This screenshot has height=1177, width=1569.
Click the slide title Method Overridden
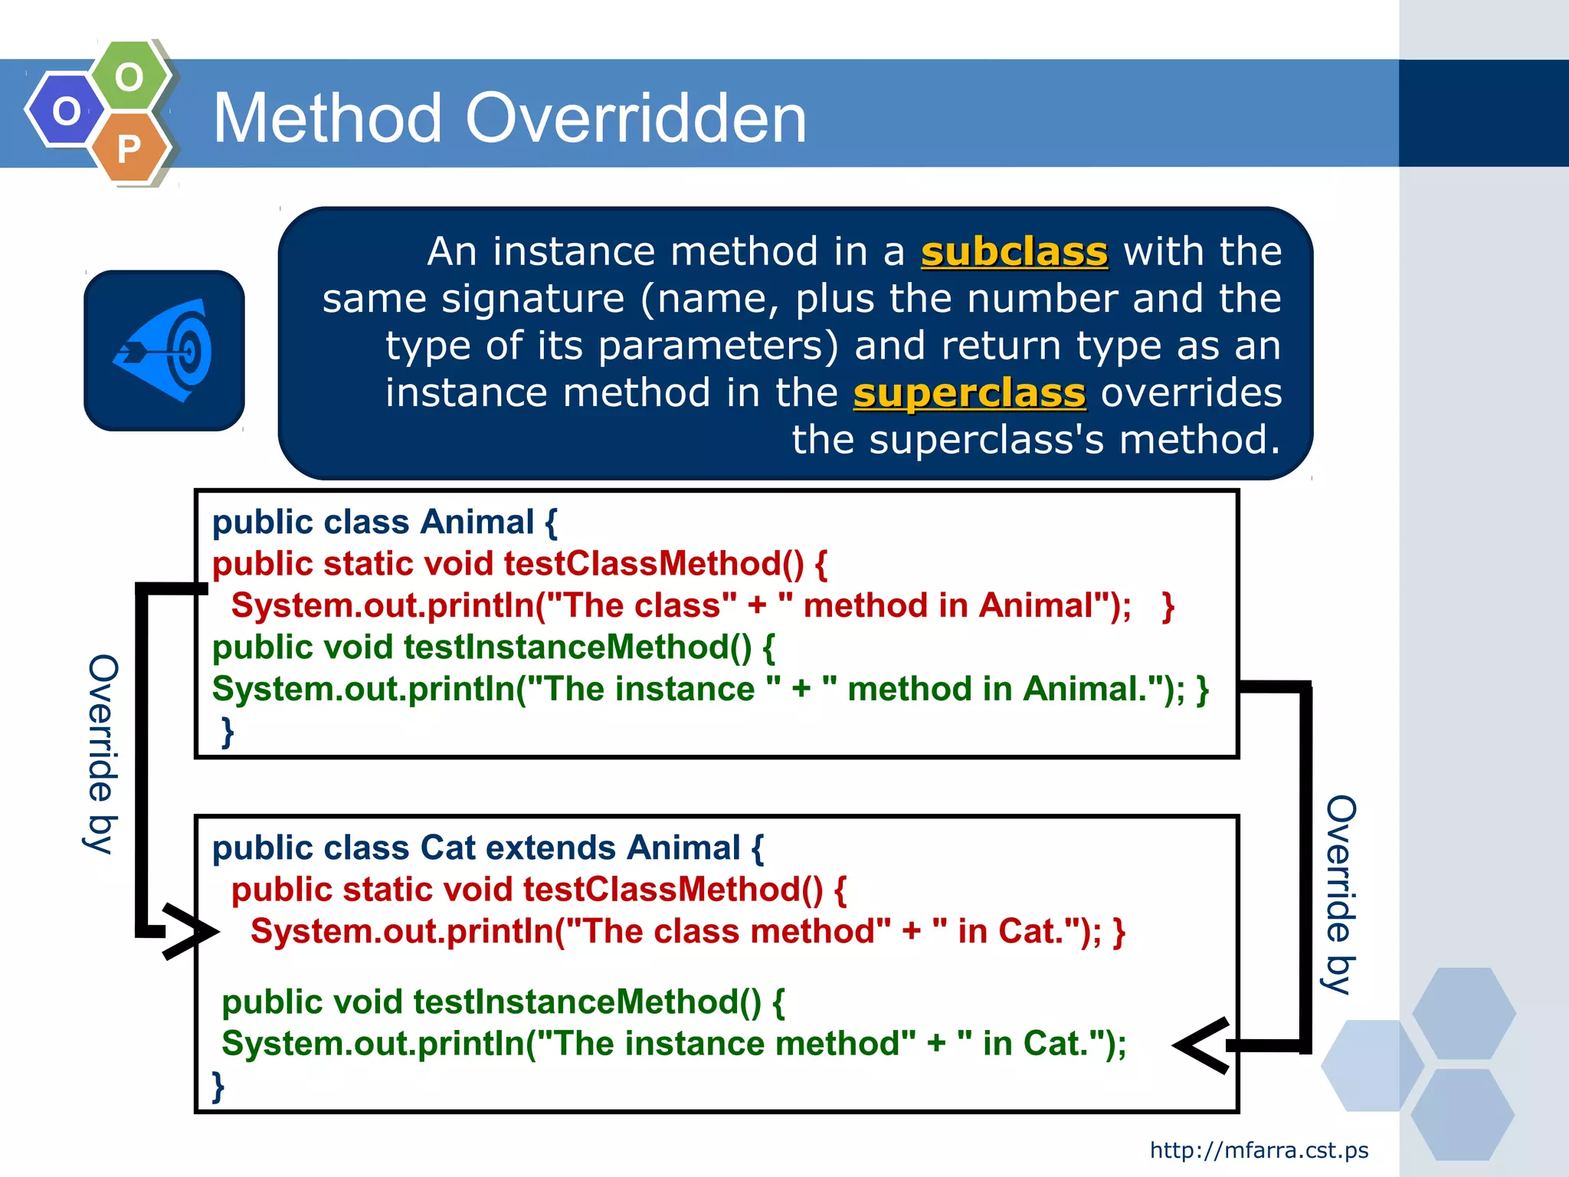pos(509,118)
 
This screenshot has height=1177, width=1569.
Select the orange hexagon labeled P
pos(129,147)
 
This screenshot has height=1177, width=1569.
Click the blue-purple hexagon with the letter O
pos(66,111)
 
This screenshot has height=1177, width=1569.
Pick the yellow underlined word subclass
pos(1014,252)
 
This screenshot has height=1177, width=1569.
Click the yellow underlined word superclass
pos(969,393)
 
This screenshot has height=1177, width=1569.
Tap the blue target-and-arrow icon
pos(164,350)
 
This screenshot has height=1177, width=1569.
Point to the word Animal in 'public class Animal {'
pos(477,523)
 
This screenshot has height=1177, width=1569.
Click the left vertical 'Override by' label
pos(102,755)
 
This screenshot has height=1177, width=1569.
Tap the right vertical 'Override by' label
pos(1340,894)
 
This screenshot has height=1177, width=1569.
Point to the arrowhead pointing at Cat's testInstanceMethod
pos(1203,1045)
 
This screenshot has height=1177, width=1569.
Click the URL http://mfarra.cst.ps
pos(1259,1150)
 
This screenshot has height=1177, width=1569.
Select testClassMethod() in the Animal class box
pos(653,564)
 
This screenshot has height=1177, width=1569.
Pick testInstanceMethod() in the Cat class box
pos(587,1002)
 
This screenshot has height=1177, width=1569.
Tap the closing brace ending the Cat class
pos(218,1086)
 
